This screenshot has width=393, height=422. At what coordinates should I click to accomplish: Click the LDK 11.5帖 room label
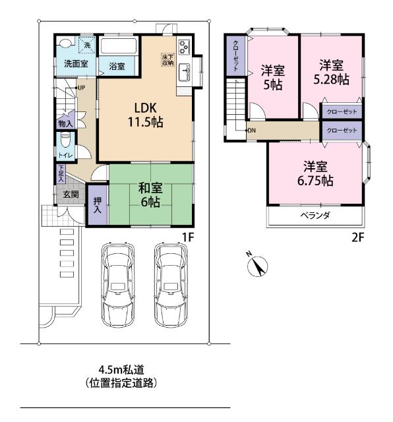click(145, 115)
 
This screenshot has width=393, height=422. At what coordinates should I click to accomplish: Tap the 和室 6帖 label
click(150, 195)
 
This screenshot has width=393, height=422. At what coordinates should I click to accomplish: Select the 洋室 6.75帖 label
click(315, 173)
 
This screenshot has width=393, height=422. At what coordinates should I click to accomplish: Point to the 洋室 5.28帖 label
click(332, 73)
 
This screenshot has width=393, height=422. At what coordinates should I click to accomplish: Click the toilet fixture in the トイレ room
click(65, 140)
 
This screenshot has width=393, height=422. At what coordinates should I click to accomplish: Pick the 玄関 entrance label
click(71, 194)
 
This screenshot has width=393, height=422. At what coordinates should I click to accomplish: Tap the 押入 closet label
click(98, 205)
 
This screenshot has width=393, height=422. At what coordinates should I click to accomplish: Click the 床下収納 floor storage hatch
click(167, 60)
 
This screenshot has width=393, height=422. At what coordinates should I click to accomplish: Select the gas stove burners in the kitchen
click(184, 47)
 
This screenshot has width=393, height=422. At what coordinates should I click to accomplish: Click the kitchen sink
click(185, 72)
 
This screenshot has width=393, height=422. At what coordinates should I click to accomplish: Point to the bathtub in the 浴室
click(119, 46)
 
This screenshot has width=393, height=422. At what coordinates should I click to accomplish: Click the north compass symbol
click(257, 266)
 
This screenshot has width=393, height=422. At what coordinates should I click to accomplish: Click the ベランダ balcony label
click(315, 216)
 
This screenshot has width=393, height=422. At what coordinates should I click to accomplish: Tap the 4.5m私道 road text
click(121, 369)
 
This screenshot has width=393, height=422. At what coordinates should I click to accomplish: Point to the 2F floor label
click(358, 237)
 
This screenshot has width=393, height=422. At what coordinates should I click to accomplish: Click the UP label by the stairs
click(81, 88)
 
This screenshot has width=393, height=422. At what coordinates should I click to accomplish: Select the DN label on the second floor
click(251, 131)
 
